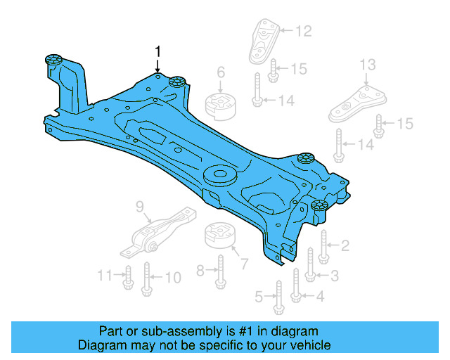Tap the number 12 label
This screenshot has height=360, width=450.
pos(302,30)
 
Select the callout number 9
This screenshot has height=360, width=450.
pos(139,206)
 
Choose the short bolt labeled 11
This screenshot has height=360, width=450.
pos(127,278)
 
